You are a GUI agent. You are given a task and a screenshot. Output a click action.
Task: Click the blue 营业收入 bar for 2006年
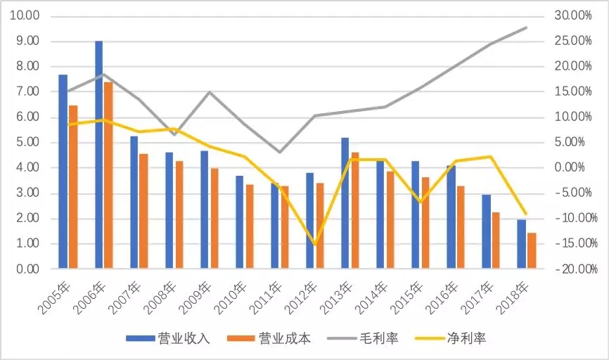click(x=99, y=155)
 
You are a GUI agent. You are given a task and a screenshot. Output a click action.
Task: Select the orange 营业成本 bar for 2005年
click(x=73, y=187)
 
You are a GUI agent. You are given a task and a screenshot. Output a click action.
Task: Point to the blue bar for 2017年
click(x=486, y=231)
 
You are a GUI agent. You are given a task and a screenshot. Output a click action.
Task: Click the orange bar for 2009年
click(x=214, y=218)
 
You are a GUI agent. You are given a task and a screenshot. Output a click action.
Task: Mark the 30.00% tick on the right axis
click(x=574, y=16)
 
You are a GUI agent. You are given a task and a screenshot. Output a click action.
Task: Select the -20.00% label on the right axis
click(x=572, y=269)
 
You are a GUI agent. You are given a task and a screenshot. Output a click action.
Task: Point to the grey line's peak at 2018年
click(x=527, y=27)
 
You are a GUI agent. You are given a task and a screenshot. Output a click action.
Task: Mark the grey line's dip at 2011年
click(x=279, y=152)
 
